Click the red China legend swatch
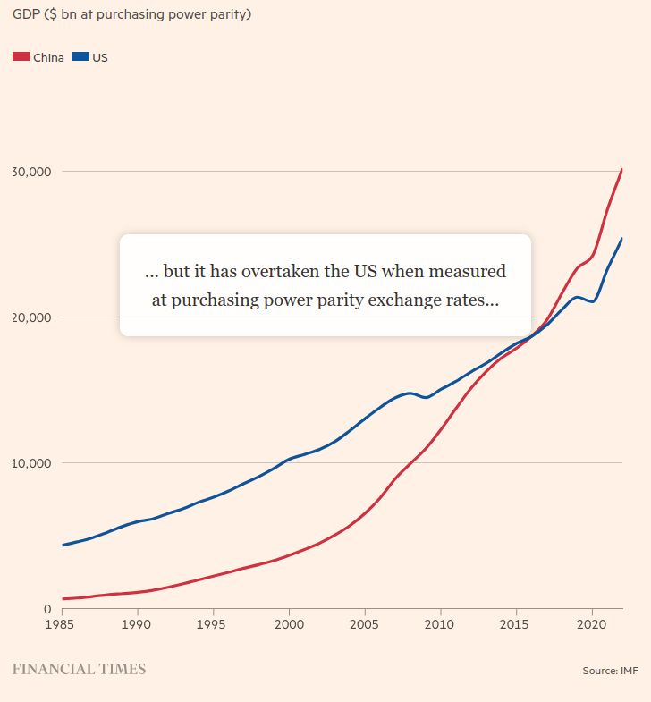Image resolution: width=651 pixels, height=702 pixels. pos(21,57)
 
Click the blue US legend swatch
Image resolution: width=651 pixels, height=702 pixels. pos(80,57)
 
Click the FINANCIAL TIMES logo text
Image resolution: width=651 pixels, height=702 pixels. pos(78,669)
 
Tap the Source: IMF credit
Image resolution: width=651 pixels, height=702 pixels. pos(610,670)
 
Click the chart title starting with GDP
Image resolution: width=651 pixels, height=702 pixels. pos(131,15)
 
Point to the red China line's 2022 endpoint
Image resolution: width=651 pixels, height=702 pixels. pos(621,170)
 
